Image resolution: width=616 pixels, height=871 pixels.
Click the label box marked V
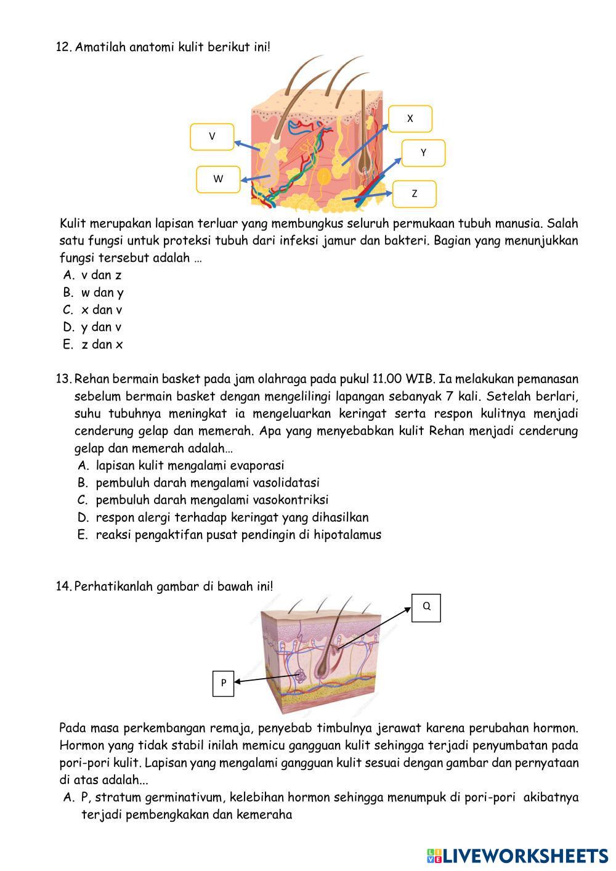click(x=212, y=137)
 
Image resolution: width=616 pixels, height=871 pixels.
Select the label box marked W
click(x=218, y=179)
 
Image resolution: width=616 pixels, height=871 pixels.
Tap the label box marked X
click(x=410, y=118)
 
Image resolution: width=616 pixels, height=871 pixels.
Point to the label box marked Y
click(x=423, y=153)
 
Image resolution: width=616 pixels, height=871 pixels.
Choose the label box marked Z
click(x=415, y=193)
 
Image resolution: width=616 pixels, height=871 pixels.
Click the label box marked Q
click(x=426, y=607)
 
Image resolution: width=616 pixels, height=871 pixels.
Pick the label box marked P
click(x=224, y=683)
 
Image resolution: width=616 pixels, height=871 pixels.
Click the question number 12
click(x=63, y=47)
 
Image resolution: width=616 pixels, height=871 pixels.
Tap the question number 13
click(x=63, y=378)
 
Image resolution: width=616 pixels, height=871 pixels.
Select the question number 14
click(x=63, y=586)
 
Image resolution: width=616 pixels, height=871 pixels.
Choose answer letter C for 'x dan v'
click(x=68, y=310)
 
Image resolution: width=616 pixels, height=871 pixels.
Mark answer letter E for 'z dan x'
click(x=68, y=344)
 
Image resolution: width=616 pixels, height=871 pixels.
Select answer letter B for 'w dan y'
click(x=68, y=293)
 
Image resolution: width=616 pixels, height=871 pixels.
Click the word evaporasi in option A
click(x=255, y=465)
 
